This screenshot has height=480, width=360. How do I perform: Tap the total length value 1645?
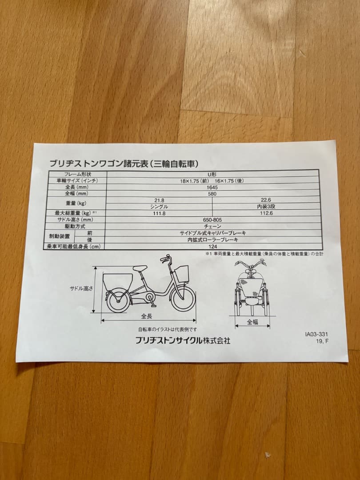(x=212, y=187)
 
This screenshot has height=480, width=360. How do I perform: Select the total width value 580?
(x=212, y=194)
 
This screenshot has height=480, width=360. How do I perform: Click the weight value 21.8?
(x=159, y=200)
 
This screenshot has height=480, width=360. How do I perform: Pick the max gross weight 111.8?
(x=159, y=213)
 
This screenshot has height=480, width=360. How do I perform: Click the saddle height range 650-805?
(x=212, y=220)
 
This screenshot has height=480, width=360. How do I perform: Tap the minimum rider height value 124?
(x=212, y=246)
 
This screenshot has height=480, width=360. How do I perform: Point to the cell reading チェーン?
(x=212, y=227)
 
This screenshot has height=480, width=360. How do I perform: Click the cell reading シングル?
(x=159, y=207)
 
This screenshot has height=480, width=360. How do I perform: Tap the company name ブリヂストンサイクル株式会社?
(x=183, y=341)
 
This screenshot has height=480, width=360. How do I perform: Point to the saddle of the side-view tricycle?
(x=139, y=268)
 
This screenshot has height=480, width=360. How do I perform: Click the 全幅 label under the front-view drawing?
(x=252, y=322)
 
